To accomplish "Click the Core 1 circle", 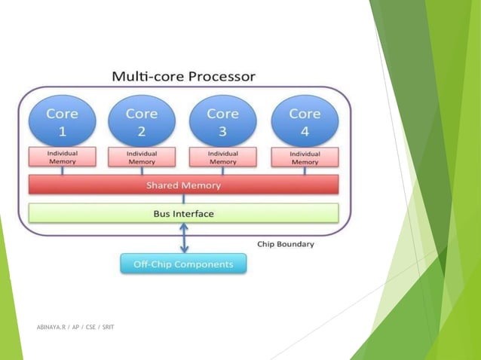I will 62,121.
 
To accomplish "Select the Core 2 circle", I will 141,121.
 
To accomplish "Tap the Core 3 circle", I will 222,121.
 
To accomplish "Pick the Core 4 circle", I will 304,121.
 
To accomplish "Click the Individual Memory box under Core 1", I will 62,157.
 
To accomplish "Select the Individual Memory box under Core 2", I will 141,157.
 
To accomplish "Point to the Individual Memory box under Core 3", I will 222,157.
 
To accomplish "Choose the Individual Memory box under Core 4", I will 305,157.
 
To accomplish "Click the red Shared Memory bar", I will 183,185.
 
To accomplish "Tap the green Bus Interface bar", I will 183,213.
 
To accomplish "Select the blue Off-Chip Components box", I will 183,264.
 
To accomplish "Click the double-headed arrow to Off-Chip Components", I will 183,240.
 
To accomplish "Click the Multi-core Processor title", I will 183,76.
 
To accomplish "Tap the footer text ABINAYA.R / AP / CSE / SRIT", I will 75,328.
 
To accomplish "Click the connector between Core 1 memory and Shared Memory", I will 62,171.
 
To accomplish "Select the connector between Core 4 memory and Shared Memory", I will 305,171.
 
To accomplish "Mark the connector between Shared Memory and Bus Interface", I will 183,199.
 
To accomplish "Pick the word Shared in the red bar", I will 162,185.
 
